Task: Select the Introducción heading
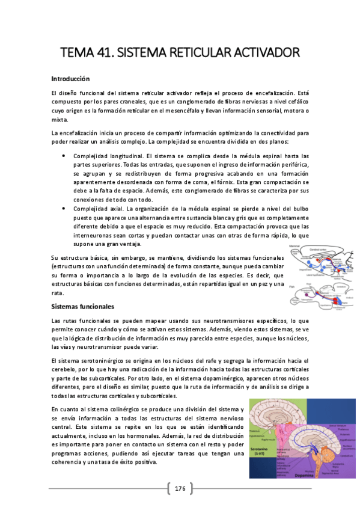70,79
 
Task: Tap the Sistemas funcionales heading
83,307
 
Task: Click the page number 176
180,488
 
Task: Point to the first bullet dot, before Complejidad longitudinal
64,155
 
